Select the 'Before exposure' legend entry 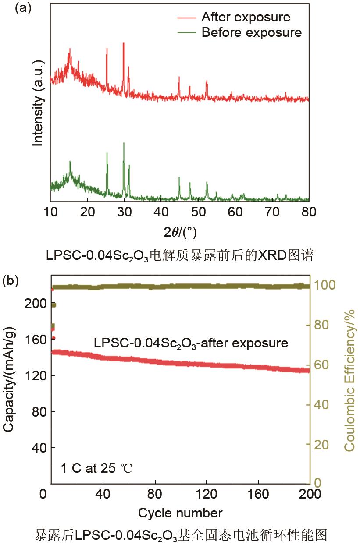coord(251,32)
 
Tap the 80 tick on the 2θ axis coord(309,212)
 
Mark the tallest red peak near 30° coord(124,44)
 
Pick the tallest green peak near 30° coord(124,144)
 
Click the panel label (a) coord(23,8)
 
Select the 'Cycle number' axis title coord(180,513)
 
